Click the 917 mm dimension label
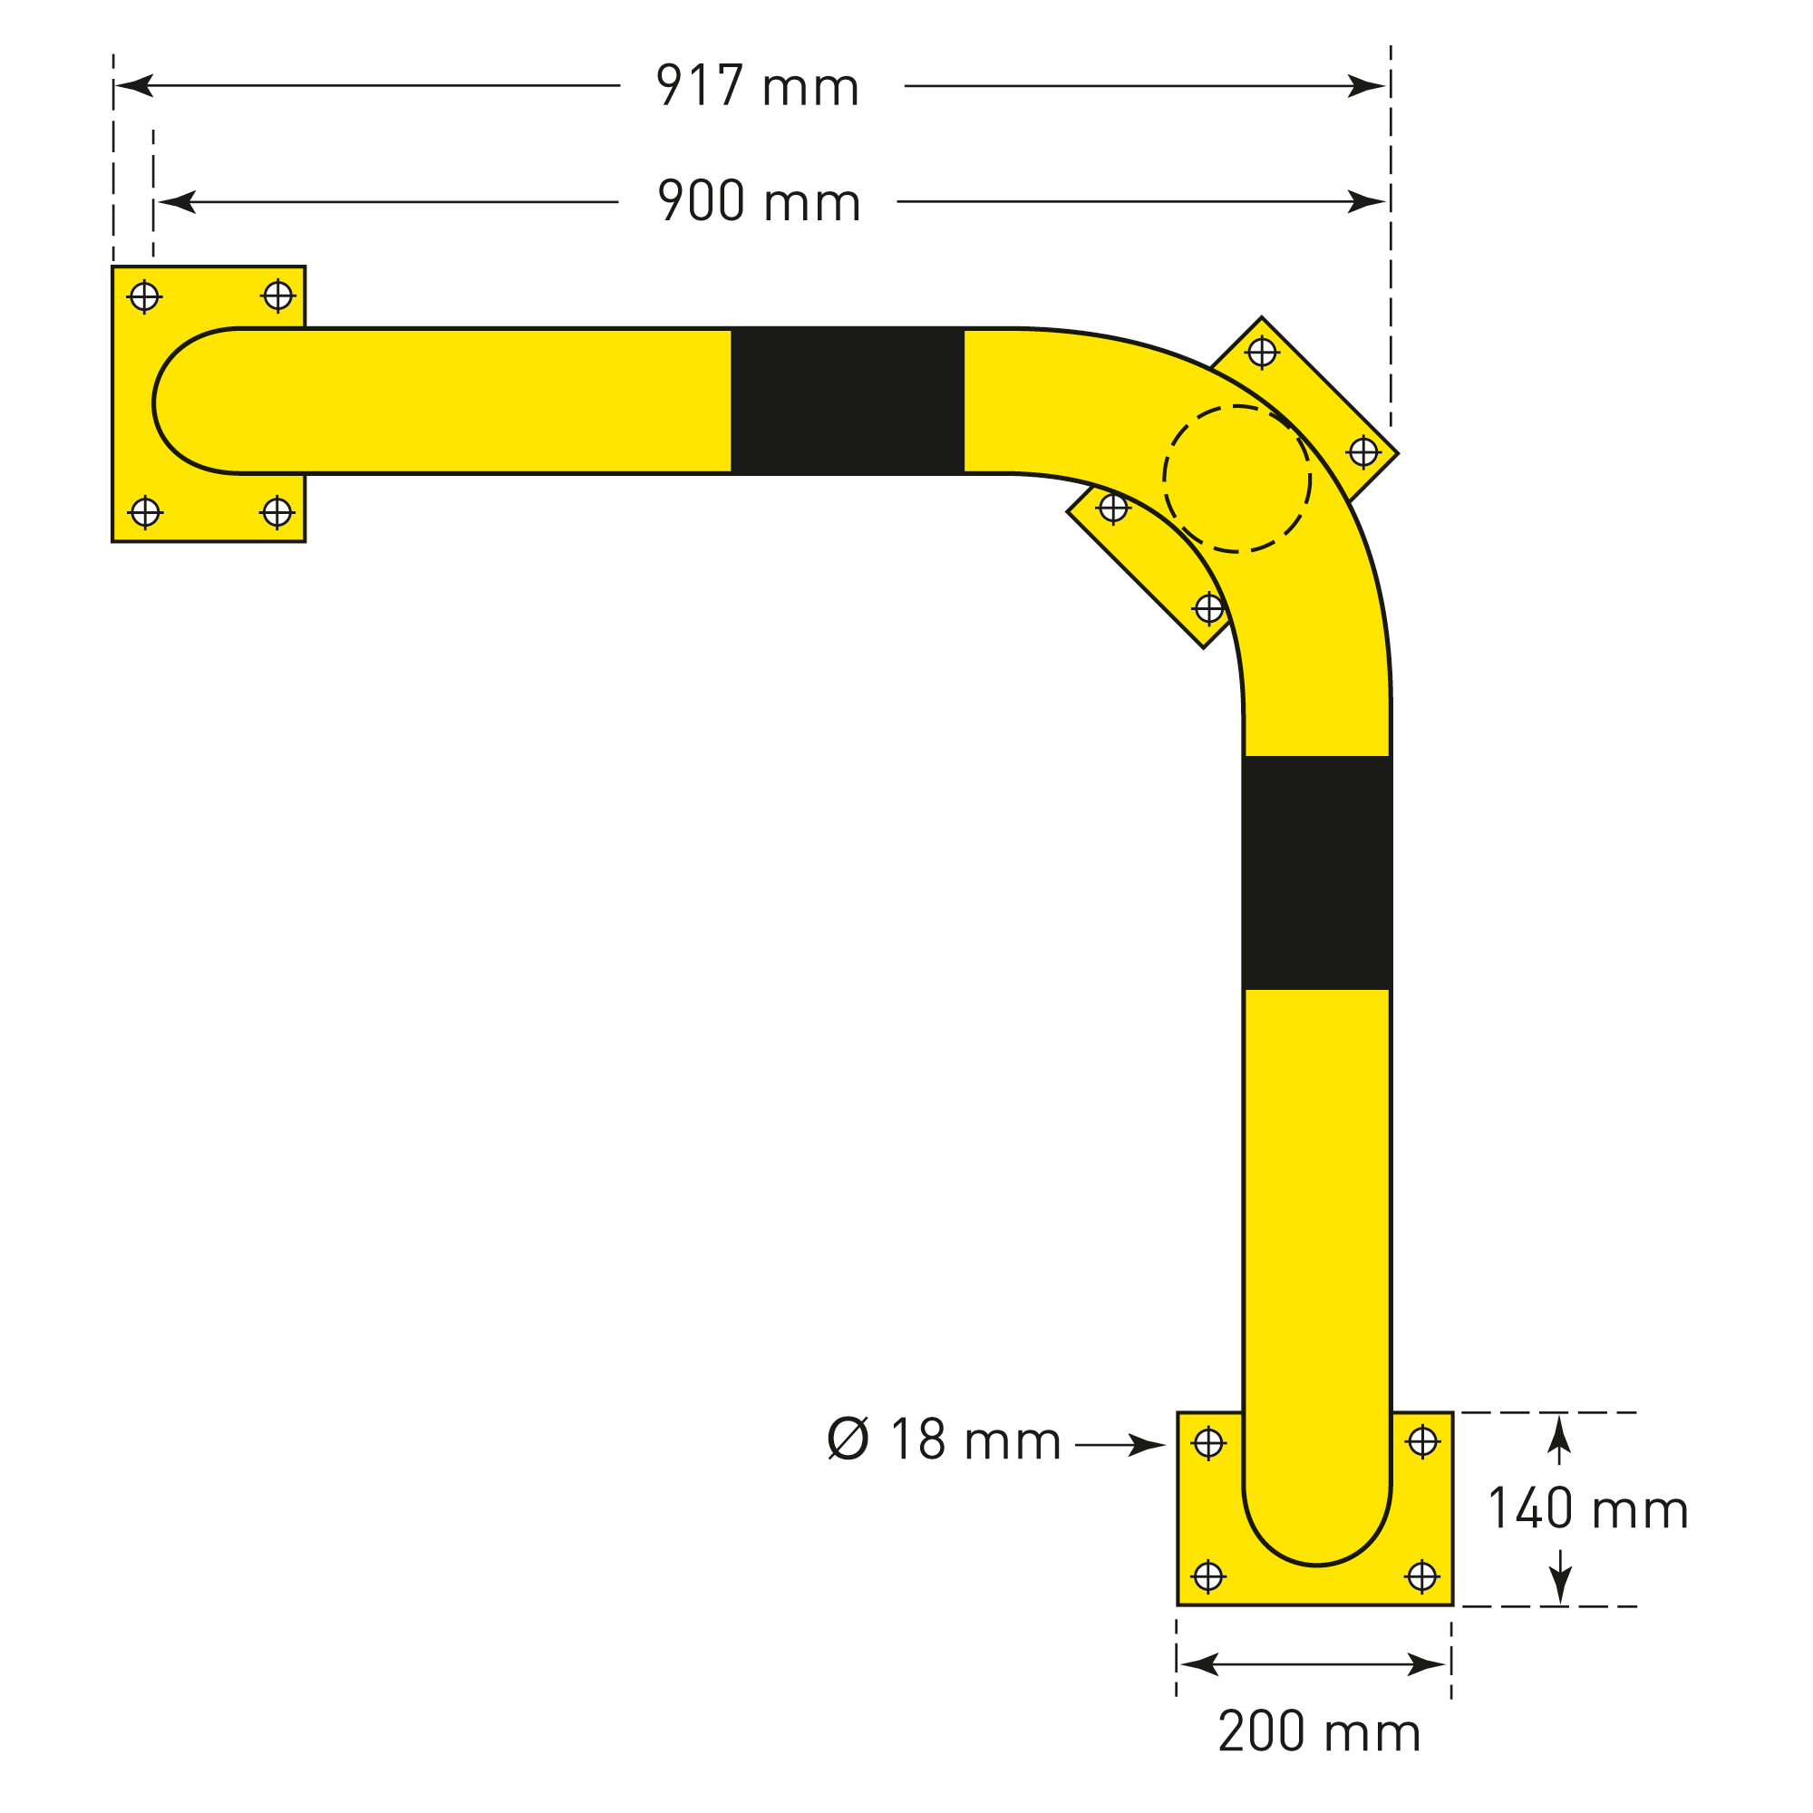pos(756,86)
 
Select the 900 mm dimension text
pos(758,201)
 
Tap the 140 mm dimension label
pos(1588,1509)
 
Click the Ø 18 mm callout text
pos(943,1440)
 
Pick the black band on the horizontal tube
pos(848,401)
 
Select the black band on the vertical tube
pos(1316,873)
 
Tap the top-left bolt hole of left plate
pos(143,296)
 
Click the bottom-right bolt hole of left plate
pos(276,512)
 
